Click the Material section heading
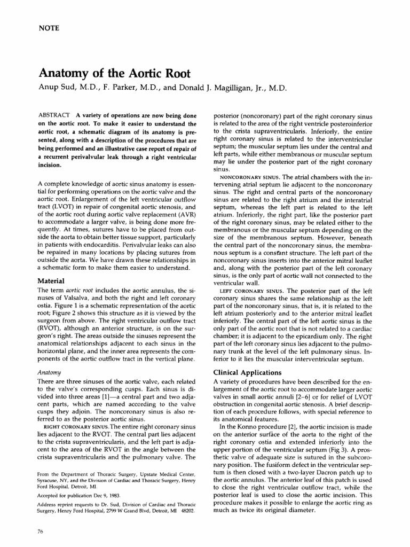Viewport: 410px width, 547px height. click(50, 280)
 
